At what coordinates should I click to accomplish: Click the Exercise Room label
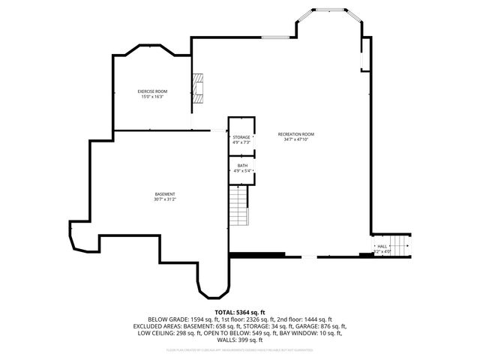tap(151, 91)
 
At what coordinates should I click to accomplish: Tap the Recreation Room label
tap(295, 133)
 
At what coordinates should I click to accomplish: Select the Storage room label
tap(241, 137)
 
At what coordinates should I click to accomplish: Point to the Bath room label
tap(241, 165)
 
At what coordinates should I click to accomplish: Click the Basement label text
tap(164, 194)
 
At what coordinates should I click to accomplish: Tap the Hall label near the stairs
tap(382, 246)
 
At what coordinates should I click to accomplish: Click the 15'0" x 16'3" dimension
tap(151, 97)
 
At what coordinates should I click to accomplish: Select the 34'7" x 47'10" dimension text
tap(295, 139)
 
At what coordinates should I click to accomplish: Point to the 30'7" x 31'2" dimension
tap(164, 200)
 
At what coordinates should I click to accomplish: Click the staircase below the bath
tap(238, 205)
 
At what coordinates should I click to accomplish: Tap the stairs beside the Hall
tap(402, 245)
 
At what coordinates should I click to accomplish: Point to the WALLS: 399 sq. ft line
tap(240, 340)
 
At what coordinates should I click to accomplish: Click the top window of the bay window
tap(328, 10)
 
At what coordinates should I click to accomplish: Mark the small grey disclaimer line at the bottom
tap(240, 349)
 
